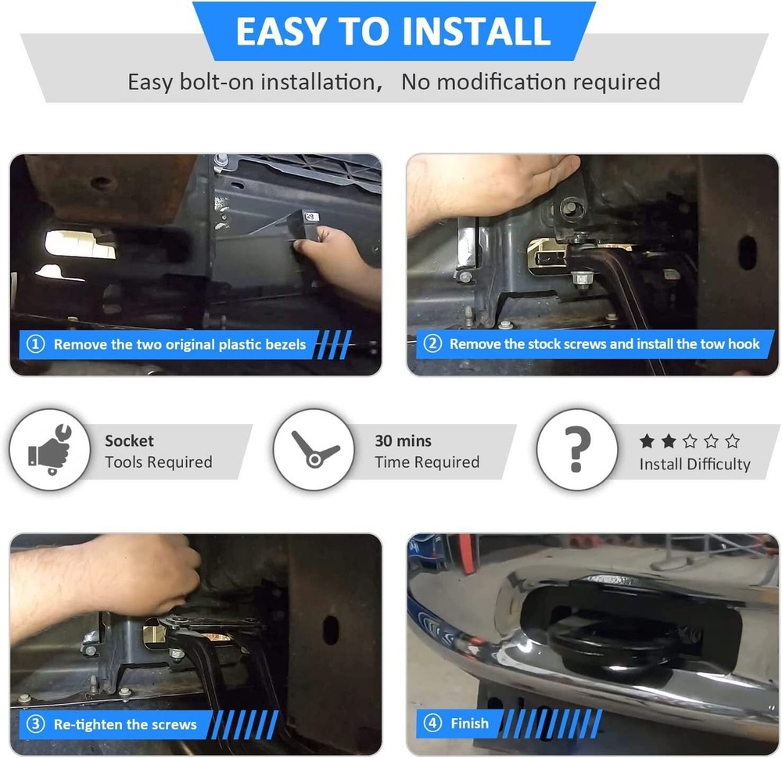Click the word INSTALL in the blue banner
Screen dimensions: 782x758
click(475, 31)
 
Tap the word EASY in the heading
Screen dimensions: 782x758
click(282, 31)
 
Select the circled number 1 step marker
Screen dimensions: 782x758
click(35, 344)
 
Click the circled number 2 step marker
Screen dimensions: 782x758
click(432, 343)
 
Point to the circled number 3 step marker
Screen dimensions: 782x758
click(35, 724)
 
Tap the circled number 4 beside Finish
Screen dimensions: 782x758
click(432, 723)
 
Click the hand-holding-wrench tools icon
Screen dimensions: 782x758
click(50, 449)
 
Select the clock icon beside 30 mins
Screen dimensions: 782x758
click(314, 450)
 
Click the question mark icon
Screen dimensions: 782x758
click(577, 449)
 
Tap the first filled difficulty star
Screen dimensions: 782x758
click(647, 441)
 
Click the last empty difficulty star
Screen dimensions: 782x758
click(732, 441)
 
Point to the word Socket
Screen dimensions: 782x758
click(129, 440)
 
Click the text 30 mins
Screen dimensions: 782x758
click(403, 440)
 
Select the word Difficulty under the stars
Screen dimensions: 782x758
click(719, 465)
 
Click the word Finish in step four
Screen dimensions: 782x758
click(470, 723)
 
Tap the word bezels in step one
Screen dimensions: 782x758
click(283, 344)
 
